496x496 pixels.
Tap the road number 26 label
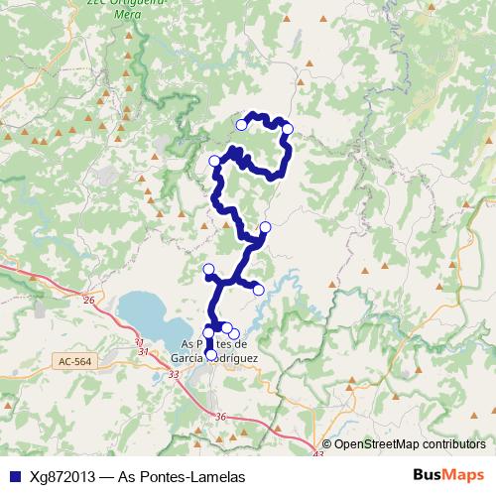tap(88, 300)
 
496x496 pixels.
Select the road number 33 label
tap(175, 374)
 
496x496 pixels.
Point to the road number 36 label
tap(220, 417)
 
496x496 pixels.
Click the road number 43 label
tap(317, 455)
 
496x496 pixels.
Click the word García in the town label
tap(189, 357)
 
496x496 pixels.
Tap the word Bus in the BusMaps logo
tap(428, 476)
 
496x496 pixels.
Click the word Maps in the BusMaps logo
tap(464, 476)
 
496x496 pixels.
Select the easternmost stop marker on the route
tap(288, 128)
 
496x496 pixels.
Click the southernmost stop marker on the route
tap(210, 354)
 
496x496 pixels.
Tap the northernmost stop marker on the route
tap(241, 125)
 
